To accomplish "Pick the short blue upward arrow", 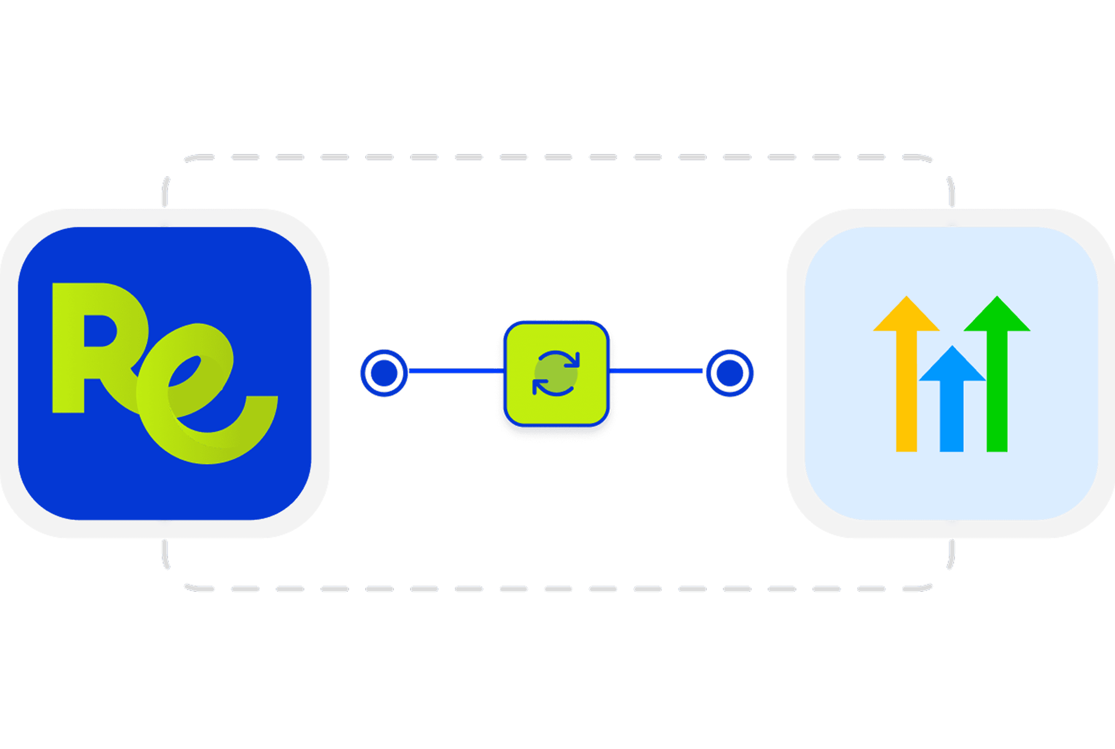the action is (x=951, y=406).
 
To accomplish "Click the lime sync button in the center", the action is (x=556, y=373).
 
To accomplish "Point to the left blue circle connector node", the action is (x=384, y=372).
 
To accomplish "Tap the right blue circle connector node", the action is (x=730, y=372).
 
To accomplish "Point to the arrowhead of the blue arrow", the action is (x=952, y=366).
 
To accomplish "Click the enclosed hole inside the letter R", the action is (x=99, y=330).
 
